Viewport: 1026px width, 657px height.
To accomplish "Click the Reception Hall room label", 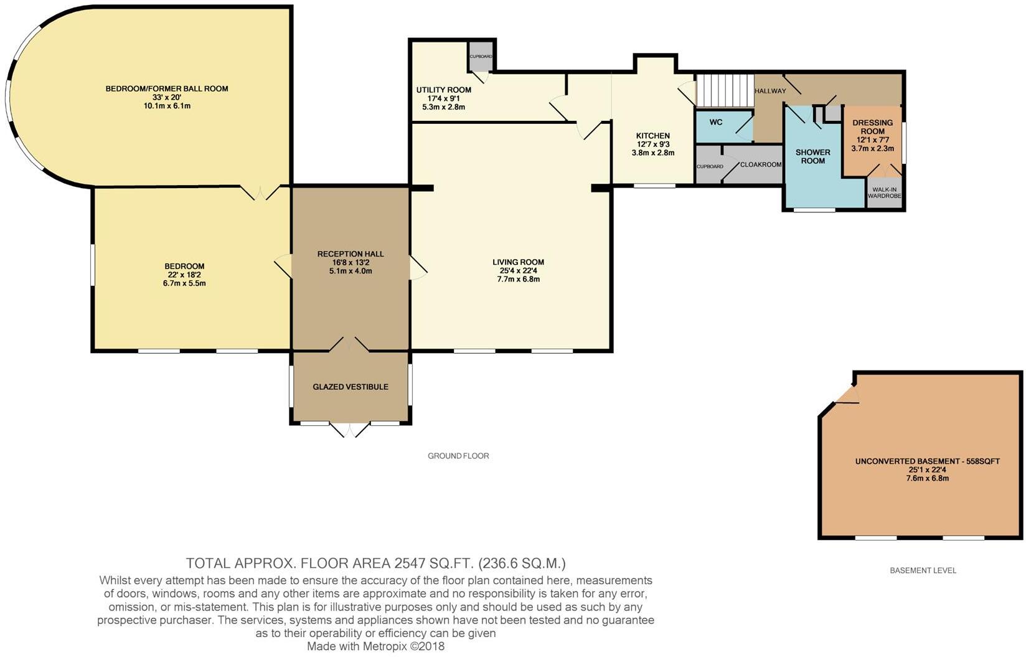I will (351, 253).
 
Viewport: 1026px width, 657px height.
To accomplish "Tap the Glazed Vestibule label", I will (351, 387).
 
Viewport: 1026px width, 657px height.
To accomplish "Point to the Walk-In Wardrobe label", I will (885, 192).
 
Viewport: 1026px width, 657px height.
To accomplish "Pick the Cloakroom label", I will (760, 165).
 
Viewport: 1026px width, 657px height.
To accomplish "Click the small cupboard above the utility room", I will (481, 56).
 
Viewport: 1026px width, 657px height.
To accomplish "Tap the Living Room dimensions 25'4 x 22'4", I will (518, 271).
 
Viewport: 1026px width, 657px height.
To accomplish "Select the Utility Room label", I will (443, 90).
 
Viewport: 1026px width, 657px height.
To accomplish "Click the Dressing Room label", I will (872, 127).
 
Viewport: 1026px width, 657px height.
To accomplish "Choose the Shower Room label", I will (812, 156).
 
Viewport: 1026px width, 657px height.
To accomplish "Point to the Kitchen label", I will (652, 136).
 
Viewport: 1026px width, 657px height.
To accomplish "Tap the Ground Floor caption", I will (458, 456).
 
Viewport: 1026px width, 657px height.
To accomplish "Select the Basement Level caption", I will (923, 570).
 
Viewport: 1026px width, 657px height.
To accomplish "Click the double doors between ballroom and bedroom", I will (260, 192).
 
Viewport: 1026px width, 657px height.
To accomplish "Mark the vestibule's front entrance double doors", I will (350, 429).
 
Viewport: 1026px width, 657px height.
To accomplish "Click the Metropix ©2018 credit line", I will (375, 646).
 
